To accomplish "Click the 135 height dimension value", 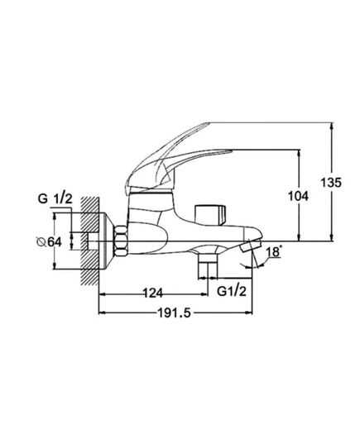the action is click(331, 183).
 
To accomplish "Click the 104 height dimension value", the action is click(298, 196).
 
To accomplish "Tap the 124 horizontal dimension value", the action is click(152, 293).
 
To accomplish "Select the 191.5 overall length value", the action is click(175, 313).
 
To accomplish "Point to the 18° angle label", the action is click(274, 251).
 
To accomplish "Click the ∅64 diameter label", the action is click(50, 241).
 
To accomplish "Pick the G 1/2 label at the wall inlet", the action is click(55, 198).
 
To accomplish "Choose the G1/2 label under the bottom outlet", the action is click(232, 291).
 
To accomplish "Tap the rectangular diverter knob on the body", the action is click(210, 215).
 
